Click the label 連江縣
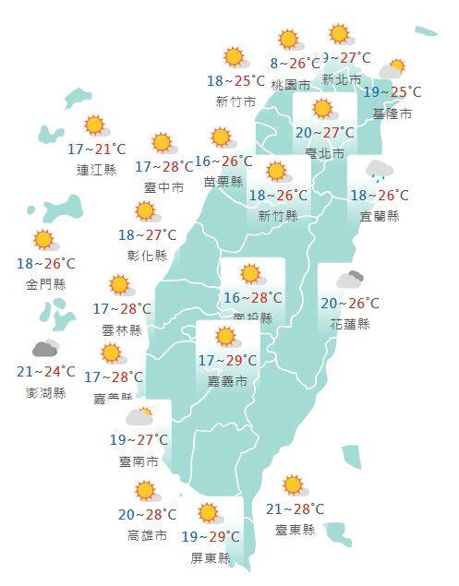tap(96, 170)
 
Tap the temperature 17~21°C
tap(96, 149)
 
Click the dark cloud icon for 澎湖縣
tap(46, 348)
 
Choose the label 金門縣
tap(46, 284)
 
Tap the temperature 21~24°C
tap(46, 372)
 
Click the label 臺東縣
tap(295, 530)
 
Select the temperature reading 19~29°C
tap(210, 536)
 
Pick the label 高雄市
tap(148, 535)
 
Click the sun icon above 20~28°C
tap(145, 491)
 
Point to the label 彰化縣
tap(148, 255)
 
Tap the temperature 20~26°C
tap(350, 303)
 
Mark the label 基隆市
tap(393, 114)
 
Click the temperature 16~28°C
tap(252, 297)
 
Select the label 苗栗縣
tap(223, 182)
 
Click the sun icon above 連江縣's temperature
tap(94, 126)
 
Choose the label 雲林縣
tap(123, 329)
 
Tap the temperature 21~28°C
tap(295, 509)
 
